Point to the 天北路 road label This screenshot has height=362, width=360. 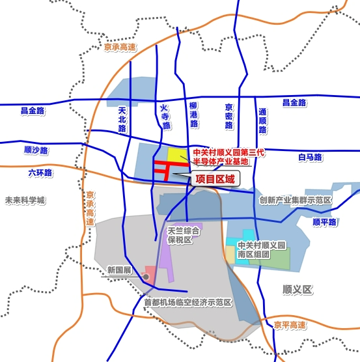122,120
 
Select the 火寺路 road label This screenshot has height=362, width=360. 165,115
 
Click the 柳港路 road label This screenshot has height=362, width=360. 193,115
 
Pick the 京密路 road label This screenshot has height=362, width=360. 228,115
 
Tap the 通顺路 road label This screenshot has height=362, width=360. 262,120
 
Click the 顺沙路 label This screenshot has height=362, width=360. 36,150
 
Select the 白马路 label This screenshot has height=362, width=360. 310,157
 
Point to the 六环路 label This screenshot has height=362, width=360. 40,174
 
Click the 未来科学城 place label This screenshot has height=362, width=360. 25,201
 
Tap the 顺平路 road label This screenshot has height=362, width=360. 324,221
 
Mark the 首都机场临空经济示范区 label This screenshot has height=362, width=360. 188,303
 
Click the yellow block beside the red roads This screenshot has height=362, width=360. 176,156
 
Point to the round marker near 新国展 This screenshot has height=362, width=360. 146,277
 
